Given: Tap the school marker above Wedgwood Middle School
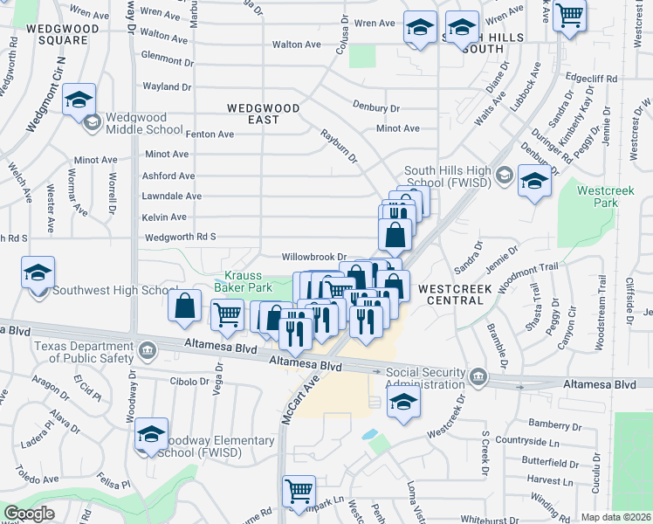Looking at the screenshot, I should coord(79,100).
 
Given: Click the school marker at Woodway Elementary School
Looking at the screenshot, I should coord(151,434).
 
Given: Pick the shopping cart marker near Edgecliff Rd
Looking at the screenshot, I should coord(569,15).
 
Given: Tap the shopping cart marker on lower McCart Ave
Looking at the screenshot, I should coord(299,490).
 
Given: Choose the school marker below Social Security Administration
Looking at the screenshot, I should coord(404,403).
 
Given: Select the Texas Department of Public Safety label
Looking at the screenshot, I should coord(85,352).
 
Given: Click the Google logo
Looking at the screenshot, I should coord(30,514).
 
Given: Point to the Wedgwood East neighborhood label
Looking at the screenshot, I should coord(264,114).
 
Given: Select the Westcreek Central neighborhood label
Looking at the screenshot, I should coord(450,293).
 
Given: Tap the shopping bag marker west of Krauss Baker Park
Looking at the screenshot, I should coord(184,307).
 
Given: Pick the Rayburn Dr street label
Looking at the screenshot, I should coord(339,147).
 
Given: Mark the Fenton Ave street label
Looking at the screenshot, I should coord(210,134).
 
